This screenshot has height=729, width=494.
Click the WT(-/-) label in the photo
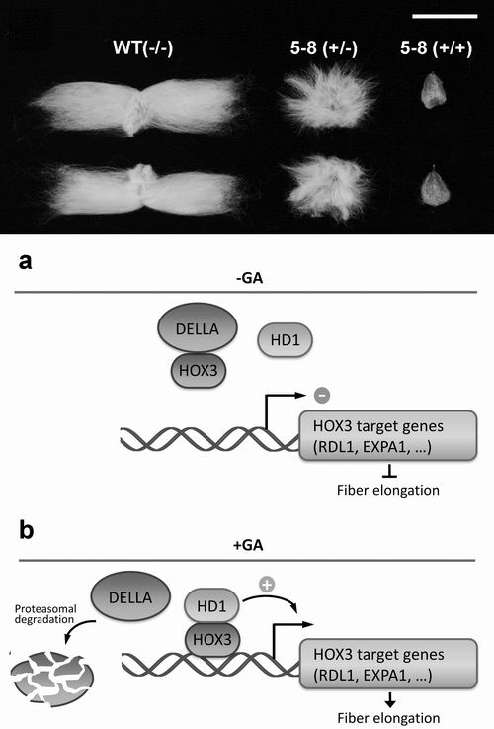tap(143, 47)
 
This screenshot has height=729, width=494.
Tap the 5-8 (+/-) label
tap(324, 47)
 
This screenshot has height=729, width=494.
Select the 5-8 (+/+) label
tap(436, 47)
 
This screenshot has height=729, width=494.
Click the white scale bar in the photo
tap(445, 16)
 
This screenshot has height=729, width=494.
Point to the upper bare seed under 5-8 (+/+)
tap(433, 90)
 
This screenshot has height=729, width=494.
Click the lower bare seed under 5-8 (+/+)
tap(435, 187)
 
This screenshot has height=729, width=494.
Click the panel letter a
tap(26, 262)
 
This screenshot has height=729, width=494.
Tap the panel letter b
tap(26, 529)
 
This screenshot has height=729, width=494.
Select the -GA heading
tap(249, 278)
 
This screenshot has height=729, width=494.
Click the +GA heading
tap(248, 544)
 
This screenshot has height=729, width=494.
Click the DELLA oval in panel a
tap(198, 328)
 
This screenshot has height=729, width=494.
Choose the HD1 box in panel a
tap(286, 340)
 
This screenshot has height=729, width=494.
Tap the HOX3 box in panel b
tap(212, 639)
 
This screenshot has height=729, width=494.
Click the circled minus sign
tap(322, 396)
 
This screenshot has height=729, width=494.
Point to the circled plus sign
tap(267, 584)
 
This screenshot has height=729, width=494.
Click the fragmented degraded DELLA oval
tap(52, 679)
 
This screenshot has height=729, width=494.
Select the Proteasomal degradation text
tap(44, 613)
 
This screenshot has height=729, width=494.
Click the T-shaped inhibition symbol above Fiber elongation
tap(389, 473)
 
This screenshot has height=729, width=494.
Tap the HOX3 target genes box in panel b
tap(388, 664)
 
